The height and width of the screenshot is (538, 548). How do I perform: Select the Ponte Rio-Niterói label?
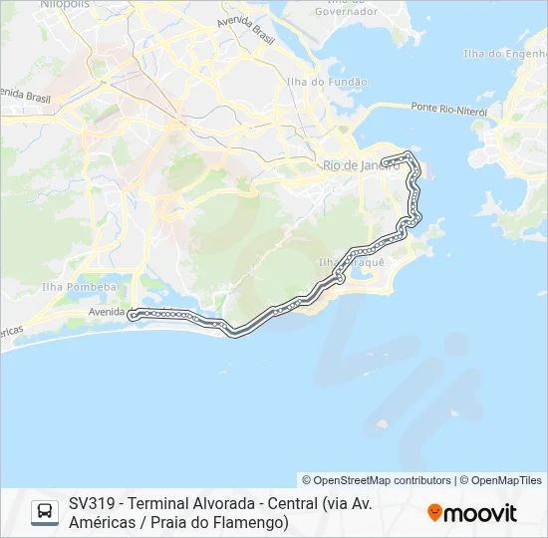point(448,108)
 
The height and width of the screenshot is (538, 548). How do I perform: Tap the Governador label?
point(346,12)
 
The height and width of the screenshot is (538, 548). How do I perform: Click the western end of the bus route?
point(132,315)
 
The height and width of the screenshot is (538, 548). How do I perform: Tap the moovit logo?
point(472,513)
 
